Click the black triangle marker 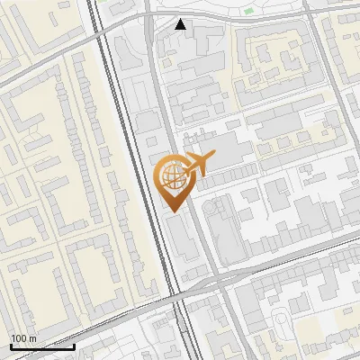click(x=181, y=24)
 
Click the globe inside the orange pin click(x=171, y=175)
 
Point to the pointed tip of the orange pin click(x=171, y=211)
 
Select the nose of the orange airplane click(x=213, y=157)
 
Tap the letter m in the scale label click(x=32, y=338)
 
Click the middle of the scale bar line click(x=42, y=346)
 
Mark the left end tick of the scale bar click(x=11, y=345)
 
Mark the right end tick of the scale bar click(x=74, y=345)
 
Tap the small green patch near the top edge click(x=248, y=12)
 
